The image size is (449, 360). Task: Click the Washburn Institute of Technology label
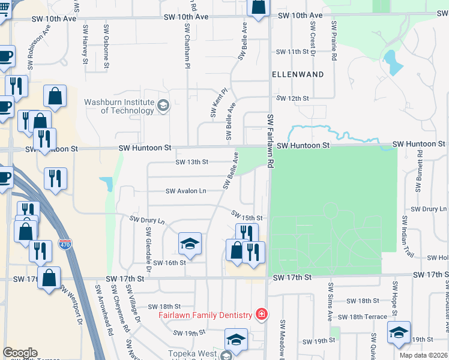tap(119, 106)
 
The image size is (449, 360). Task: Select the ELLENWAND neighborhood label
tap(298, 74)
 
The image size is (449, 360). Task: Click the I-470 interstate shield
tap(65, 244)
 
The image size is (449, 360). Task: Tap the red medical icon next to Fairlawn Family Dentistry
tap(261, 314)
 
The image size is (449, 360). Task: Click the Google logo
tap(20, 353)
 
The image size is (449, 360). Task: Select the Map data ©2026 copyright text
tap(423, 355)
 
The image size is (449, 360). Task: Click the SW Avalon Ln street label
tap(186, 191)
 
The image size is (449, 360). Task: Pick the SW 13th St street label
tap(192, 162)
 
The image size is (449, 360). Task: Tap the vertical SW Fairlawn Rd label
tap(271, 141)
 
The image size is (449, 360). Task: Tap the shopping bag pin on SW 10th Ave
tap(258, 8)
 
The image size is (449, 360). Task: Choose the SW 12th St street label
tap(292, 98)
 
